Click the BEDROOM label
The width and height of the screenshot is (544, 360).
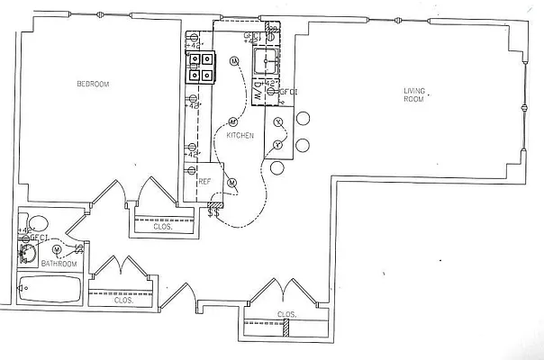point(93,85)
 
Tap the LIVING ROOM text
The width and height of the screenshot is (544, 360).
point(413,94)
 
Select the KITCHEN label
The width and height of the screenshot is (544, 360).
point(240,135)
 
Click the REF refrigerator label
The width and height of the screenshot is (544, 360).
point(204,181)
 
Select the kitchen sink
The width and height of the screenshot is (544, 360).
point(267,61)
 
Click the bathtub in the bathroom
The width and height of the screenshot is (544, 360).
point(48,291)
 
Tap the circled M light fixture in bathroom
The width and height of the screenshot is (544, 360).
point(57,248)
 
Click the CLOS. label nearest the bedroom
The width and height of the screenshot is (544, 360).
point(162,227)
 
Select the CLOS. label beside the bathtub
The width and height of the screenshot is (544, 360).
point(123,300)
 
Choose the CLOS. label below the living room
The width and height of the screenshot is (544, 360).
point(286,314)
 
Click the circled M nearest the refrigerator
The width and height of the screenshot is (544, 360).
point(231,183)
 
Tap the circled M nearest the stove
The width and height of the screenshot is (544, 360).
point(234,61)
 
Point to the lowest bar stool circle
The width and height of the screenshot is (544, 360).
point(277,167)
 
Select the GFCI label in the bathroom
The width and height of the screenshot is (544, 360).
point(38,238)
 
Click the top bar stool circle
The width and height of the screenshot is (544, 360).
point(304,119)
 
